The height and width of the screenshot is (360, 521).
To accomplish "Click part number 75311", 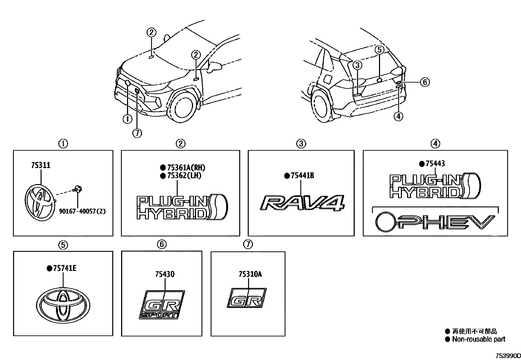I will (41, 165).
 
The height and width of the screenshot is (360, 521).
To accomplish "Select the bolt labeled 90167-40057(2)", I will (78, 189).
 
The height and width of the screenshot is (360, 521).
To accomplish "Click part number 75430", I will (165, 274).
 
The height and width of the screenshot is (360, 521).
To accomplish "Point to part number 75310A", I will (250, 274).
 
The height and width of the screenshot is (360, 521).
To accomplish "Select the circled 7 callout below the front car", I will (137, 133).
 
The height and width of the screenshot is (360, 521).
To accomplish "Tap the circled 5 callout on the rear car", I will (379, 50).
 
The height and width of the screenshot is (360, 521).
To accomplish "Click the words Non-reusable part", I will (478, 339).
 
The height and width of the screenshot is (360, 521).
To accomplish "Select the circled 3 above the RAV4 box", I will (301, 143).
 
